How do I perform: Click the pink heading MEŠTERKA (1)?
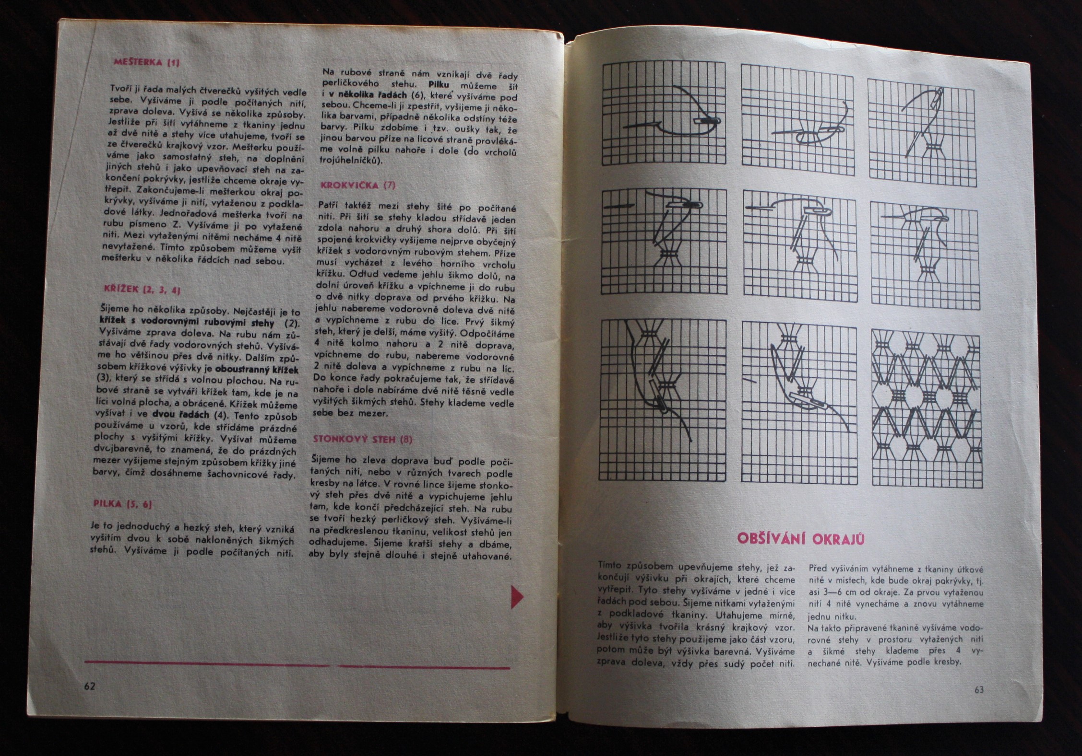click(x=146, y=62)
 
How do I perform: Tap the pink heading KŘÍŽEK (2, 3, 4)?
click(x=142, y=289)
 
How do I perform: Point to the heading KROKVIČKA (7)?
click(x=357, y=185)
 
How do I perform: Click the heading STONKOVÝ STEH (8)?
click(x=362, y=439)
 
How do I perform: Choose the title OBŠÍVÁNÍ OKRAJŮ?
click(x=801, y=538)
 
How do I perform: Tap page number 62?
click(x=90, y=686)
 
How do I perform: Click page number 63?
click(x=979, y=689)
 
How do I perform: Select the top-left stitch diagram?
click(x=664, y=113)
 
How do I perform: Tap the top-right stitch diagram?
click(x=922, y=132)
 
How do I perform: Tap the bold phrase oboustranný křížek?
click(x=257, y=370)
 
